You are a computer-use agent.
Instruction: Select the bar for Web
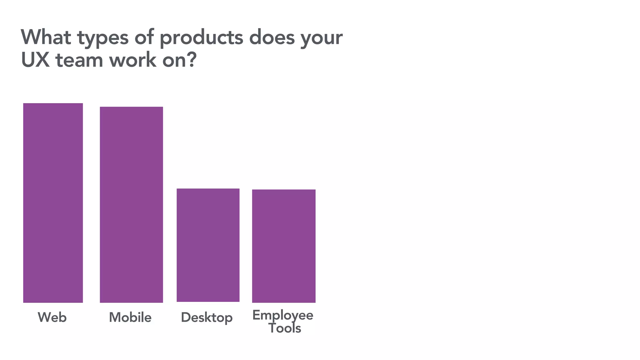tap(53, 203)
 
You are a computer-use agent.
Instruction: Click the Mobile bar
tap(131, 205)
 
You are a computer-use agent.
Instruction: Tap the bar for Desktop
tap(208, 245)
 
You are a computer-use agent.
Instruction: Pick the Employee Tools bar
tap(284, 246)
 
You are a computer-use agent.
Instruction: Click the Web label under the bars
tap(52, 317)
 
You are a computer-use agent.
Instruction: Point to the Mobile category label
tap(130, 317)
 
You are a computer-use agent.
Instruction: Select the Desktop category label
tap(207, 318)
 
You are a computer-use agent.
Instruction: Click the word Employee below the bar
tap(282, 315)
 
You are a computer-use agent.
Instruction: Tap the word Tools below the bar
tap(285, 328)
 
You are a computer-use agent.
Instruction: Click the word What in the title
tap(46, 37)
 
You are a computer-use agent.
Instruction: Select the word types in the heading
tap(103, 38)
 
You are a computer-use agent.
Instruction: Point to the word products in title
tap(201, 38)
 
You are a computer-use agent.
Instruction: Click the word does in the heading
tap(272, 37)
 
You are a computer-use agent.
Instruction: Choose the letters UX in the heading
tap(35, 60)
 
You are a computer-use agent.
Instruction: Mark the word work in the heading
tap(132, 60)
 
